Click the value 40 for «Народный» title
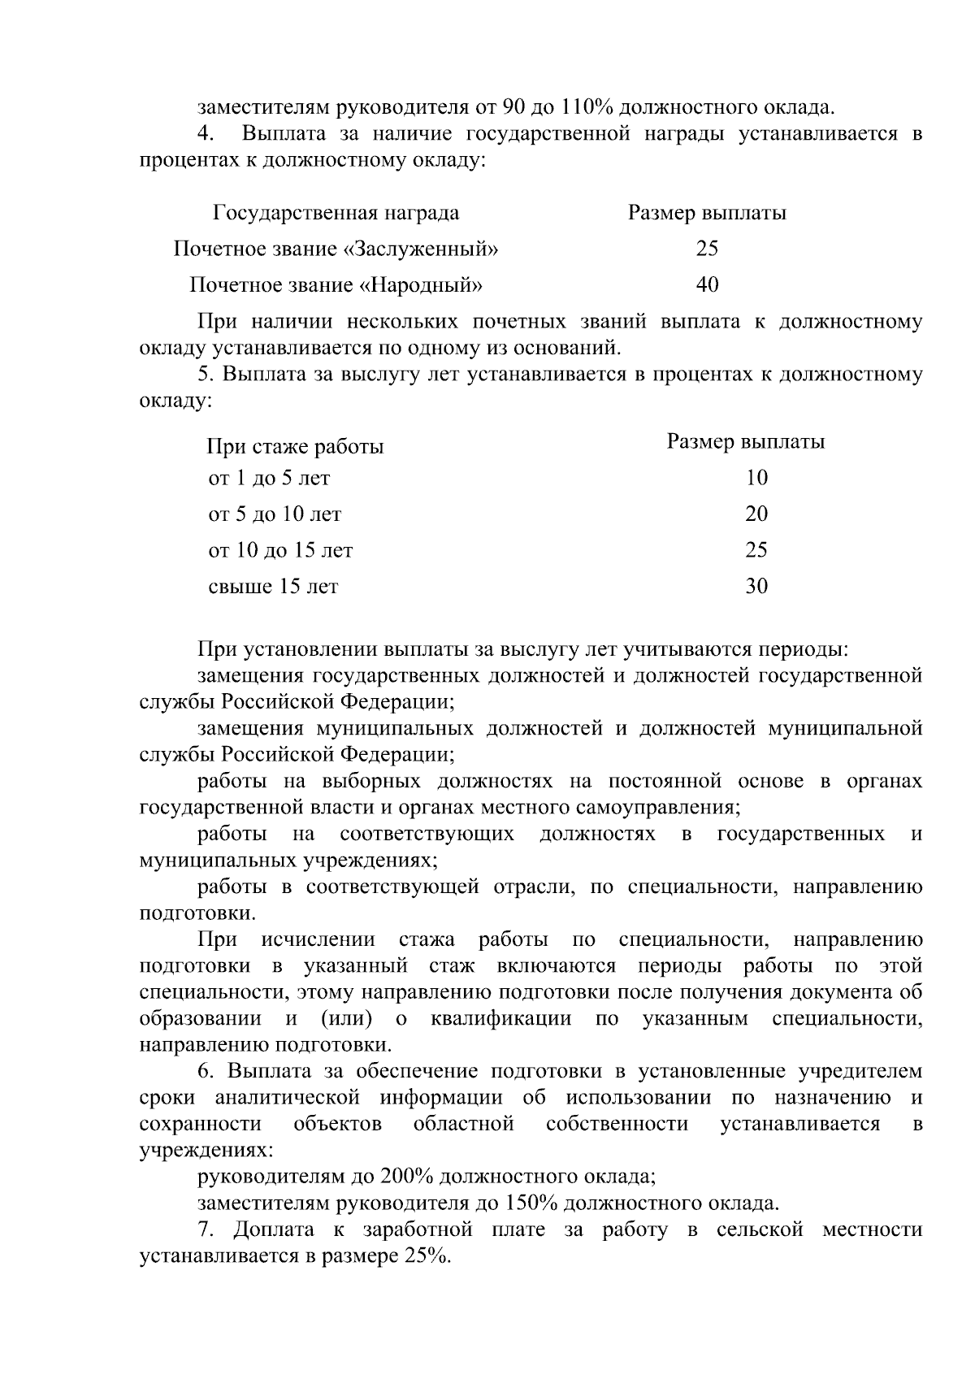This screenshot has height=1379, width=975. click(x=707, y=284)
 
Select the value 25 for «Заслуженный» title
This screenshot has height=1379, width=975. click(x=707, y=249)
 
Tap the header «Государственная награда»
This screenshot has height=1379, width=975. click(x=336, y=213)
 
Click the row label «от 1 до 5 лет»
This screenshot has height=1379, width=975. click(x=269, y=478)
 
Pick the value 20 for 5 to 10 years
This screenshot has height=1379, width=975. click(x=756, y=514)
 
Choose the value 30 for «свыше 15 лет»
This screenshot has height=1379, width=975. click(x=756, y=586)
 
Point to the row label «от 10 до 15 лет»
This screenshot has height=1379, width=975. click(x=280, y=550)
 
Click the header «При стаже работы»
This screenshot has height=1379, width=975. click(x=295, y=446)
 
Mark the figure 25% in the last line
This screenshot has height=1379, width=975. click(x=425, y=1255)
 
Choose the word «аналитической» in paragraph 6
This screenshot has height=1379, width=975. click(x=287, y=1097)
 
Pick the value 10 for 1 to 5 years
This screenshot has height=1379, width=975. click(x=756, y=478)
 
